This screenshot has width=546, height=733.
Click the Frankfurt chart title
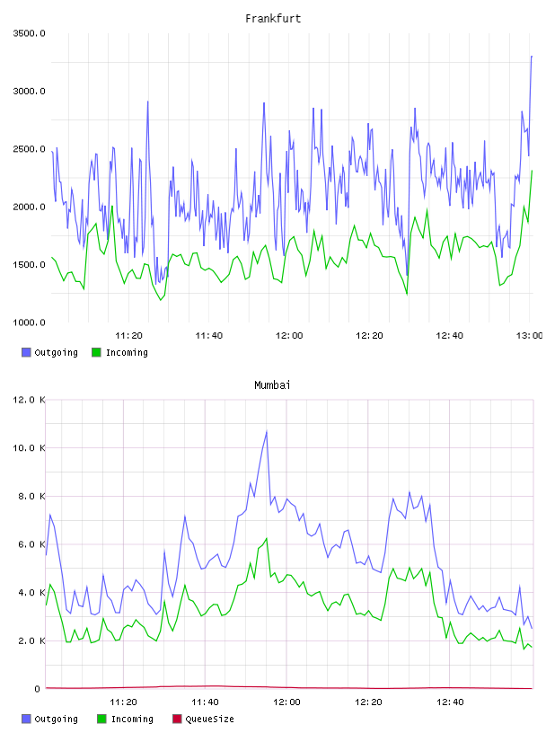(273, 19)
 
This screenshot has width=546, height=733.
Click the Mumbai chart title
(272, 385)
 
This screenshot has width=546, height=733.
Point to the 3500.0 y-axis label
(29, 33)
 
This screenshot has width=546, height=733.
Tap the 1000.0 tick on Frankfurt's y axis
(29, 322)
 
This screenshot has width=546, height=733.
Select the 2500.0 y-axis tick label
(29, 149)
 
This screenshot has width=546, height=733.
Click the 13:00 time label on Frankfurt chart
(529, 336)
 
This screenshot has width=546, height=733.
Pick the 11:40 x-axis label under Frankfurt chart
(208, 336)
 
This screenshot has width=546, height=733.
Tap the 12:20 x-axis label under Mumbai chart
(368, 702)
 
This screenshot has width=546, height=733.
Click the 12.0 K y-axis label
(29, 400)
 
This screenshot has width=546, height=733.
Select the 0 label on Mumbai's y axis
(37, 689)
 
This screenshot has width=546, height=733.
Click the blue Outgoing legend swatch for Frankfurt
(26, 352)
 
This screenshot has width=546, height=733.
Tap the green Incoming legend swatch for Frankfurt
(96, 352)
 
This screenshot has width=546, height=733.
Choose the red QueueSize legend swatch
(177, 719)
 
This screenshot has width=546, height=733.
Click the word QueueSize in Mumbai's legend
(209, 719)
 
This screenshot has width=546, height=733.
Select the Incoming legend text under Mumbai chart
(132, 719)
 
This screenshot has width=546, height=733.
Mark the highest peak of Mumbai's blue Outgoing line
(267, 431)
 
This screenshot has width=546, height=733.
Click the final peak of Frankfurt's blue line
(532, 56)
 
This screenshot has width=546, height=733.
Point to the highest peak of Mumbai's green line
(267, 539)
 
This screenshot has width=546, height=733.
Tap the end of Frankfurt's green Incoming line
(532, 171)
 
